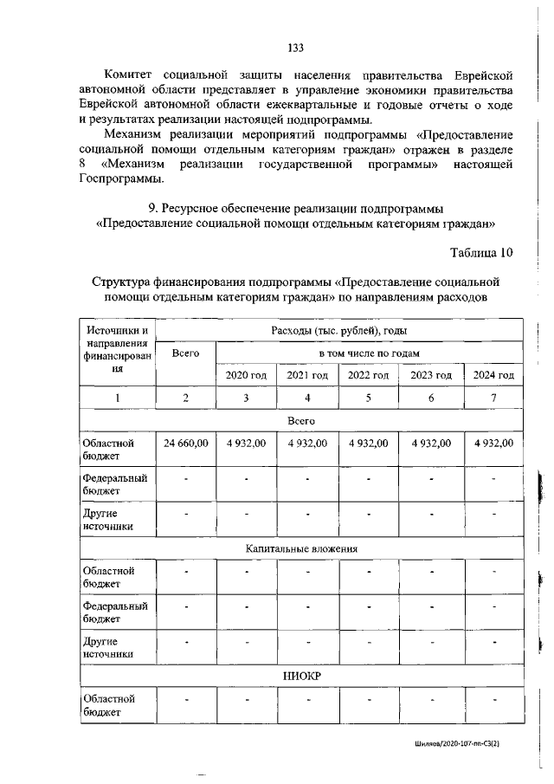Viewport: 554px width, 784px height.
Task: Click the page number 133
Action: (295, 49)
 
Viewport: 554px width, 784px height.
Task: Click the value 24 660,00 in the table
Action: (186, 443)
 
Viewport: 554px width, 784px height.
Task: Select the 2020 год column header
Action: (247, 375)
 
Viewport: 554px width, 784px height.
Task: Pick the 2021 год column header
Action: (307, 375)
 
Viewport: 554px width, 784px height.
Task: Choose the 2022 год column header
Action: (369, 375)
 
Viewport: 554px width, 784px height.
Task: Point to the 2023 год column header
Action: (430, 375)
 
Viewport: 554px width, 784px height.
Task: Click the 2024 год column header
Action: (493, 375)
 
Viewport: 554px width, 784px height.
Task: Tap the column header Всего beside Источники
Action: (186, 353)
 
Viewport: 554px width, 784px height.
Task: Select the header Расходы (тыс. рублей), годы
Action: (338, 330)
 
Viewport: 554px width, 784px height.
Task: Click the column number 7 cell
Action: (493, 398)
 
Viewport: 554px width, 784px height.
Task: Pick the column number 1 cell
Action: (117, 398)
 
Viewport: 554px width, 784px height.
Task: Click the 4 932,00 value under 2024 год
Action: (493, 443)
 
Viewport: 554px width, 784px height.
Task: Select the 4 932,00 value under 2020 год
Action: (247, 443)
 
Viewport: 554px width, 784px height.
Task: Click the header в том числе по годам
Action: (369, 353)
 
